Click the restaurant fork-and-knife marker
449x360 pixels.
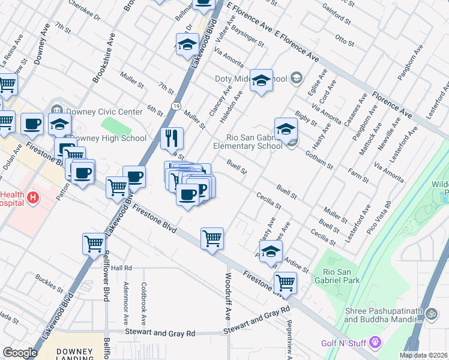pos(172,139)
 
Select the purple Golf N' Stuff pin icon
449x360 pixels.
pos(376,343)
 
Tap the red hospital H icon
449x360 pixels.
pos(33,197)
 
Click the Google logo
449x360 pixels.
pos(19,352)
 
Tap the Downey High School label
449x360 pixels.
pos(109,138)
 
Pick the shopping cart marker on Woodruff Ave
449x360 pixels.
pos(212,238)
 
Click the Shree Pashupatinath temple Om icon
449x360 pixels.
pos(430,314)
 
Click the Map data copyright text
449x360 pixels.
pos(424,355)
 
